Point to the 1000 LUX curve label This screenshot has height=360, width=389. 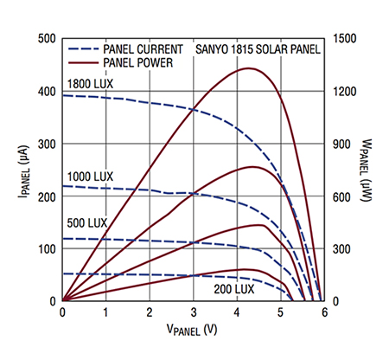pos(91,176)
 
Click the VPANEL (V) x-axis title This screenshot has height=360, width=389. pos(192,330)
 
